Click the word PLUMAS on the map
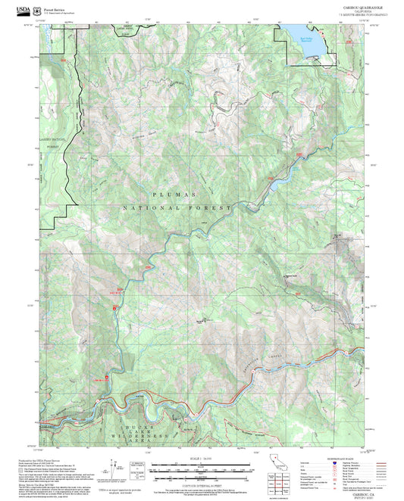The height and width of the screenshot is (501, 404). click(x=176, y=194)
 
